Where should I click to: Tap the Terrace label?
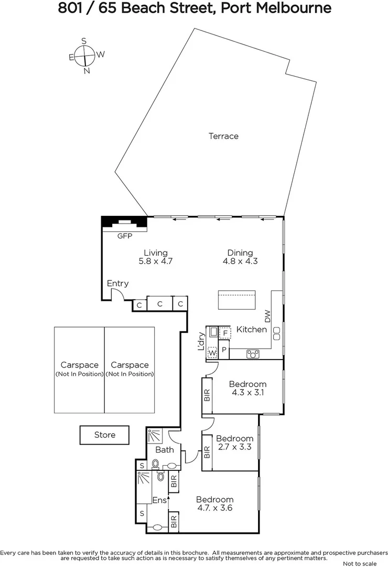[x=223, y=136]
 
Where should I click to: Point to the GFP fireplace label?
[x=124, y=236]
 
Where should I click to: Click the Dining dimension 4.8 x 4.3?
[x=240, y=261]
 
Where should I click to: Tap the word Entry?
[x=117, y=283]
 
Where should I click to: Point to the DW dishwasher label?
[x=267, y=316]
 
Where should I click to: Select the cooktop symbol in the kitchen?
[x=254, y=354]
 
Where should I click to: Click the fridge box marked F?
[x=225, y=333]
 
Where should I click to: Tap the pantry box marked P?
[x=224, y=350]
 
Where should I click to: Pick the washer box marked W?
[x=212, y=353]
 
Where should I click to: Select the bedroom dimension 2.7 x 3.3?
[x=234, y=447]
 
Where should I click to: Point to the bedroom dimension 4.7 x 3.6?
[x=214, y=508]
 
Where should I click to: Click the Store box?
[x=104, y=435]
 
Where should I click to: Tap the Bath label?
[x=164, y=449]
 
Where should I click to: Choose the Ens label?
[x=159, y=501]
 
